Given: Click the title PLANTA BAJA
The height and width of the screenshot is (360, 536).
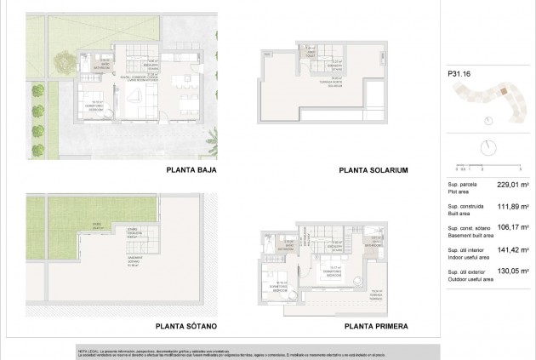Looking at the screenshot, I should (x=188, y=170).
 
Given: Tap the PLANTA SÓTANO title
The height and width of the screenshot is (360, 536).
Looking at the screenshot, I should (x=186, y=326).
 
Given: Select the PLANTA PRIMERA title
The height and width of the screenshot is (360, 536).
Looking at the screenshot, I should (x=377, y=326).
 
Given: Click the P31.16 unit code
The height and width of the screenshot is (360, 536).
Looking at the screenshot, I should (x=459, y=74).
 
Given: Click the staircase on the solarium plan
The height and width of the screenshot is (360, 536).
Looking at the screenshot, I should (x=317, y=64).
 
